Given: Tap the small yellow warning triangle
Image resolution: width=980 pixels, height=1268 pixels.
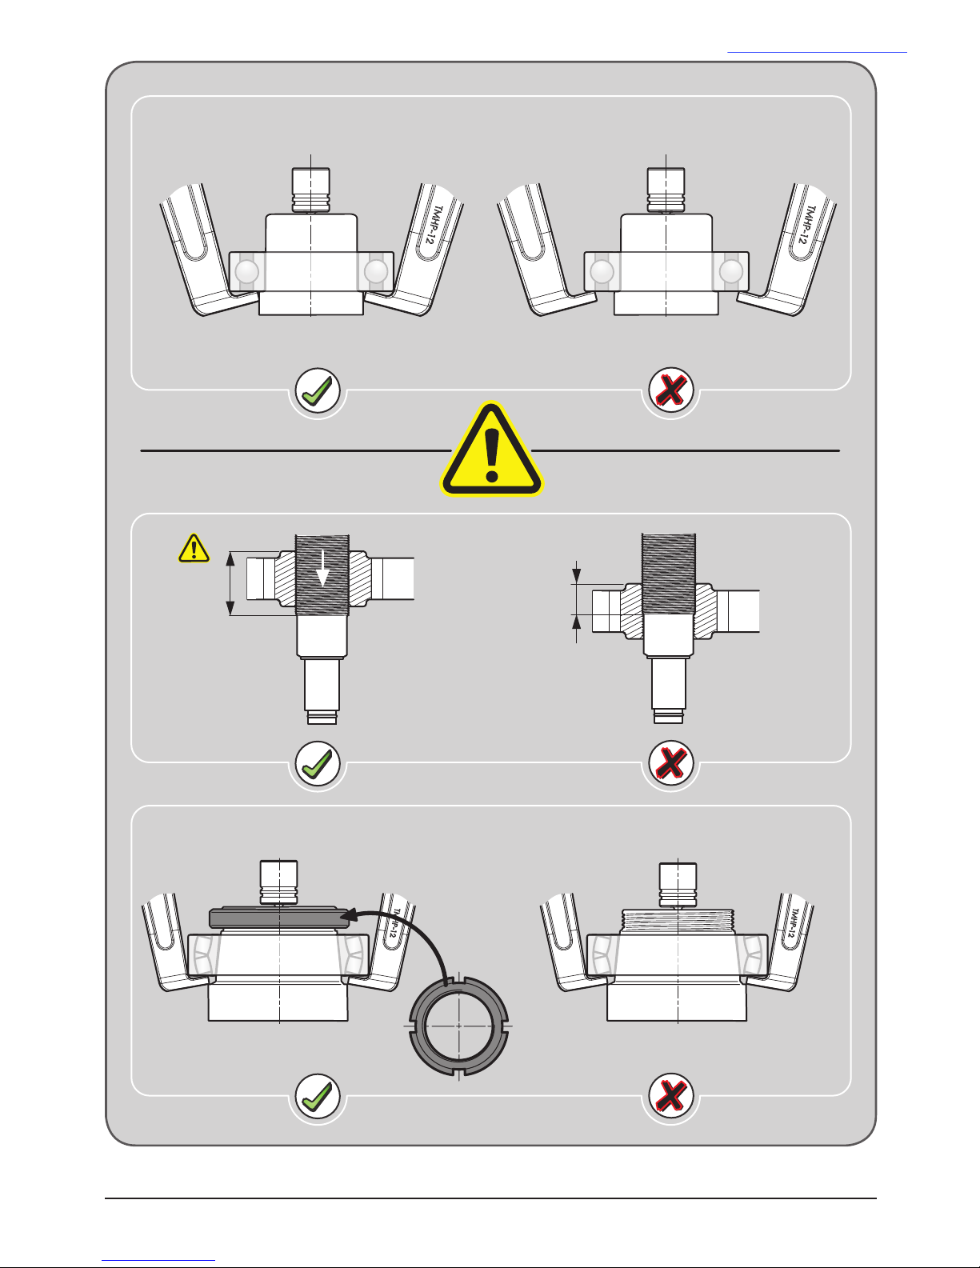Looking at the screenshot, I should [194, 549].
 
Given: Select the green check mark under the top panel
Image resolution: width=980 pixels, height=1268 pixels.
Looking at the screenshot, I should [318, 391].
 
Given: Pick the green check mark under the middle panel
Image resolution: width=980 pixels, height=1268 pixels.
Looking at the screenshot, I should [318, 764].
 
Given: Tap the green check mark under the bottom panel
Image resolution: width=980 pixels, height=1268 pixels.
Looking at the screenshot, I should [318, 1096].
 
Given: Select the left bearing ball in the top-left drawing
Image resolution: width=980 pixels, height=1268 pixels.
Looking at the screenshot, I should [246, 272].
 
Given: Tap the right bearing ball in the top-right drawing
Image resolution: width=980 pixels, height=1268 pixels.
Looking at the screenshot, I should [730, 272].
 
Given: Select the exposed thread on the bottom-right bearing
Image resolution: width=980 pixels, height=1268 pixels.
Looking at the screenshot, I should [678, 917].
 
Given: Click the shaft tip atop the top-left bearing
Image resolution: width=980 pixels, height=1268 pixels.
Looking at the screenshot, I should [310, 190].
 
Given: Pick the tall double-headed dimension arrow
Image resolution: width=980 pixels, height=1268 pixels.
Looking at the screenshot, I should [230, 582].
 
